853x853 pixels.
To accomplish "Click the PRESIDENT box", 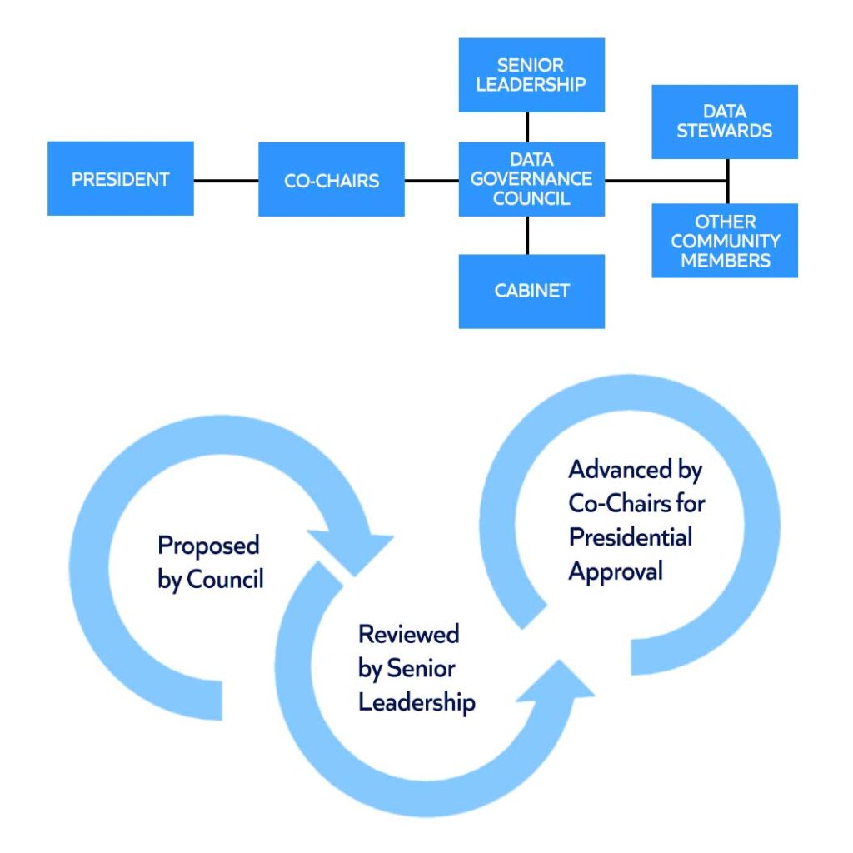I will (121, 178).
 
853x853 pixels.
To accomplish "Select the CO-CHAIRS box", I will (332, 179).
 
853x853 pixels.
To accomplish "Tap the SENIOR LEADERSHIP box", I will (531, 75).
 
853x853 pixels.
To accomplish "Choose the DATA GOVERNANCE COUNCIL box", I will (531, 179).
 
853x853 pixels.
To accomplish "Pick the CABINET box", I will (531, 291).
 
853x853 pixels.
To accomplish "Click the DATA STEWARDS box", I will (724, 122).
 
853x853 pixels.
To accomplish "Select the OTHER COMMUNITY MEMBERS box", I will (724, 241).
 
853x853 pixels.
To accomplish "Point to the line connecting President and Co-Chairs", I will (226, 179).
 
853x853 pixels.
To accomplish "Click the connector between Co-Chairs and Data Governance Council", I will (431, 179).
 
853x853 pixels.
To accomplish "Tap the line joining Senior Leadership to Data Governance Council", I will (527, 127).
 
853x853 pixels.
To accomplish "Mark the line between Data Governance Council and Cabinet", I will (527, 235).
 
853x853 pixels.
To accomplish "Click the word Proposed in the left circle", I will (209, 546).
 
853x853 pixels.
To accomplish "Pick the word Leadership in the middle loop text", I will (417, 702).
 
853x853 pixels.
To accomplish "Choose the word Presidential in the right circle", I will (631, 537).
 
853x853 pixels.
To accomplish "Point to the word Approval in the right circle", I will (616, 571).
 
